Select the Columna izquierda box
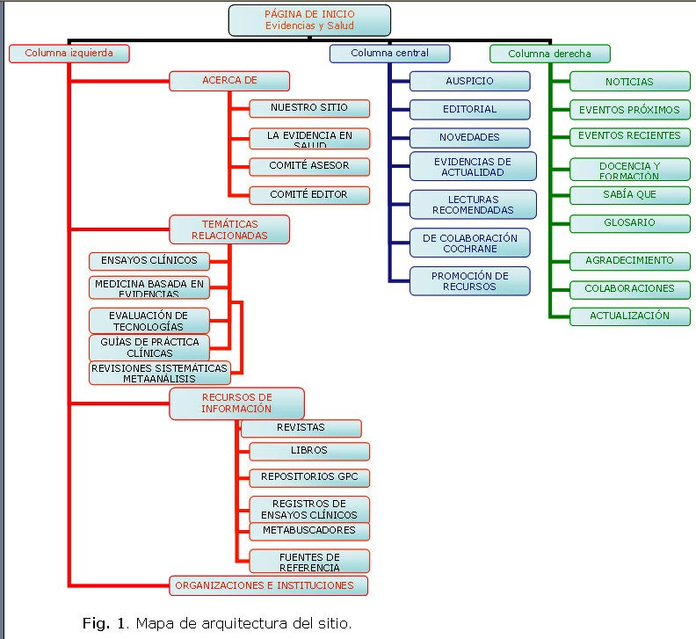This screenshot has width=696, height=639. coord(69,54)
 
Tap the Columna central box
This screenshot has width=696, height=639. coord(389,54)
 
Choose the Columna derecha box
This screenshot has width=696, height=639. coord(549,54)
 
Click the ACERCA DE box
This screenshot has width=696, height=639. coord(229,81)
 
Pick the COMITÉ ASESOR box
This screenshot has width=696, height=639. coord(308,166)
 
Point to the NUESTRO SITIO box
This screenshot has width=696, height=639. coord(308,108)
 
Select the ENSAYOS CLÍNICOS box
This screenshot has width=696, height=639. coord(149,260)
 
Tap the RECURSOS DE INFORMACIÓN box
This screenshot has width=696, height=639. coord(236,403)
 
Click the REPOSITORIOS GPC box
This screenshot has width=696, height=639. coord(308,478)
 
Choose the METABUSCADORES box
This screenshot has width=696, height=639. coord(308,531)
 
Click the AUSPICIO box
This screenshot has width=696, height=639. coord(469,81)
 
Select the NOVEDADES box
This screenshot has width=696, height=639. coord(469,138)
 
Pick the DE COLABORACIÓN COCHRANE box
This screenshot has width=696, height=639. coord(469,243)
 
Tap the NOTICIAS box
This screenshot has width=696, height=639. coord(629,82)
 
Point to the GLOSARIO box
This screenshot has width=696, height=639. coord(629,223)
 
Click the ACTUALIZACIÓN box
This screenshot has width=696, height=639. coord(629,316)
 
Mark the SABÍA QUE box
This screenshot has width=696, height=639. coord(629,194)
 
